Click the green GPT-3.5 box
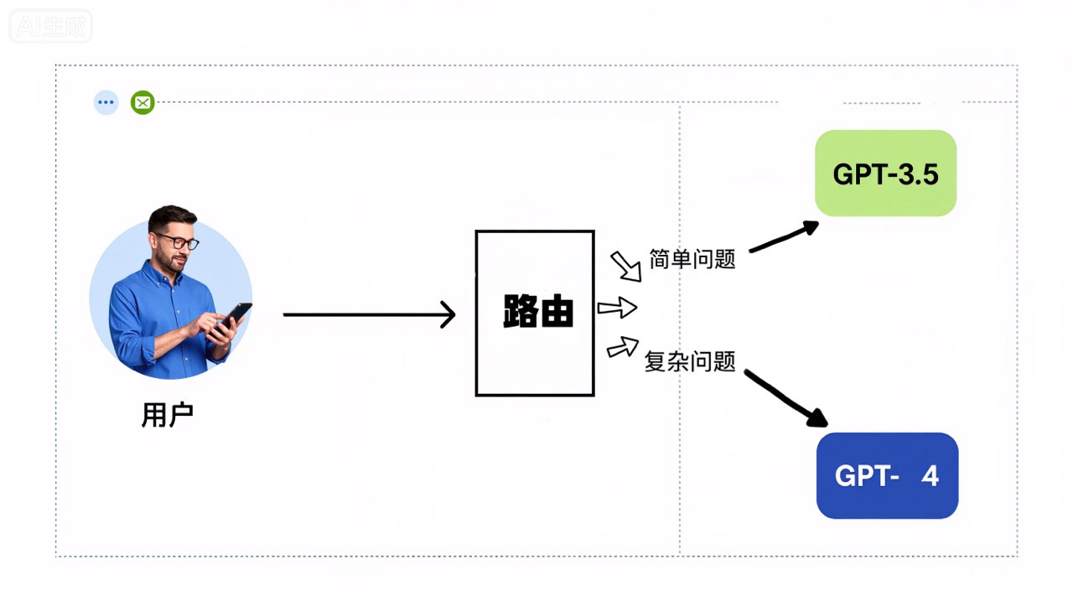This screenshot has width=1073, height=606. [x=885, y=174]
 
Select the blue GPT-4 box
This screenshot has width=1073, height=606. [x=887, y=475]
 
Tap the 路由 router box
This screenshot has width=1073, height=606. [x=535, y=313]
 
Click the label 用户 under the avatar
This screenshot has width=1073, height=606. [x=168, y=415]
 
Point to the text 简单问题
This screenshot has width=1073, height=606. [x=692, y=259]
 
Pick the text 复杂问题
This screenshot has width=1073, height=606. [x=690, y=362]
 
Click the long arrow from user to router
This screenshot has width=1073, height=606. [x=369, y=314]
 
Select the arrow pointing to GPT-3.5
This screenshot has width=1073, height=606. [x=784, y=236]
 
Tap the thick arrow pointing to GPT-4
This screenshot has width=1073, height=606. [x=785, y=399]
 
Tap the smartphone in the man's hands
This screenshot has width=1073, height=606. [x=234, y=317]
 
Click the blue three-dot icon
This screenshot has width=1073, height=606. [x=106, y=103]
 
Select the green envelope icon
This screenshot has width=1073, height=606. [x=143, y=103]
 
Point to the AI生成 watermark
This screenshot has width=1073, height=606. [x=50, y=26]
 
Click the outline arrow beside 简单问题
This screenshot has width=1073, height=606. [x=625, y=266]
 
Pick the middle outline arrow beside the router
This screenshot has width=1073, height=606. [x=617, y=308]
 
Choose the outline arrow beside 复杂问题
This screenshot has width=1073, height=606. [x=622, y=345]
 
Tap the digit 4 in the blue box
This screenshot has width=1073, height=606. [x=930, y=476]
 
